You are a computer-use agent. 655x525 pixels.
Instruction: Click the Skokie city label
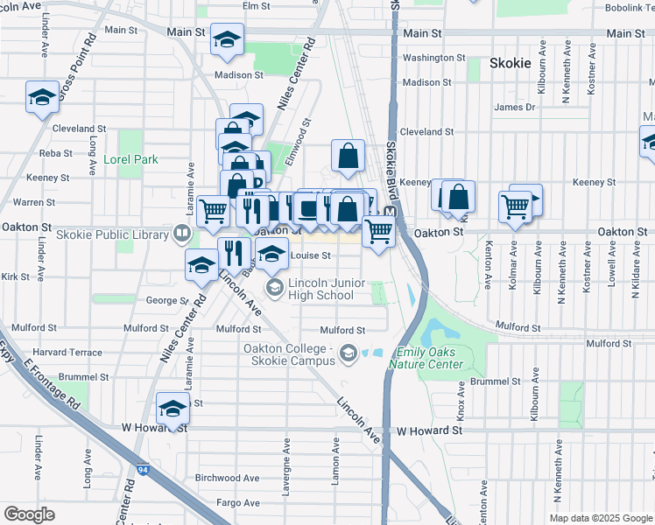click(511, 63)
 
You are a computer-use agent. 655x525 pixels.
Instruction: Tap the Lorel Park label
click(130, 160)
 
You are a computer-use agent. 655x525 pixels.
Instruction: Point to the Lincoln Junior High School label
click(322, 290)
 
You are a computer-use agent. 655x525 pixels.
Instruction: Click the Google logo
click(29, 514)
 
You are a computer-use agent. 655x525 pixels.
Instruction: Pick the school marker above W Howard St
click(173, 409)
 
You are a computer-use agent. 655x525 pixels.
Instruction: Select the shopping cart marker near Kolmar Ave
click(516, 208)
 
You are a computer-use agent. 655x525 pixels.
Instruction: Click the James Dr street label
click(514, 108)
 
